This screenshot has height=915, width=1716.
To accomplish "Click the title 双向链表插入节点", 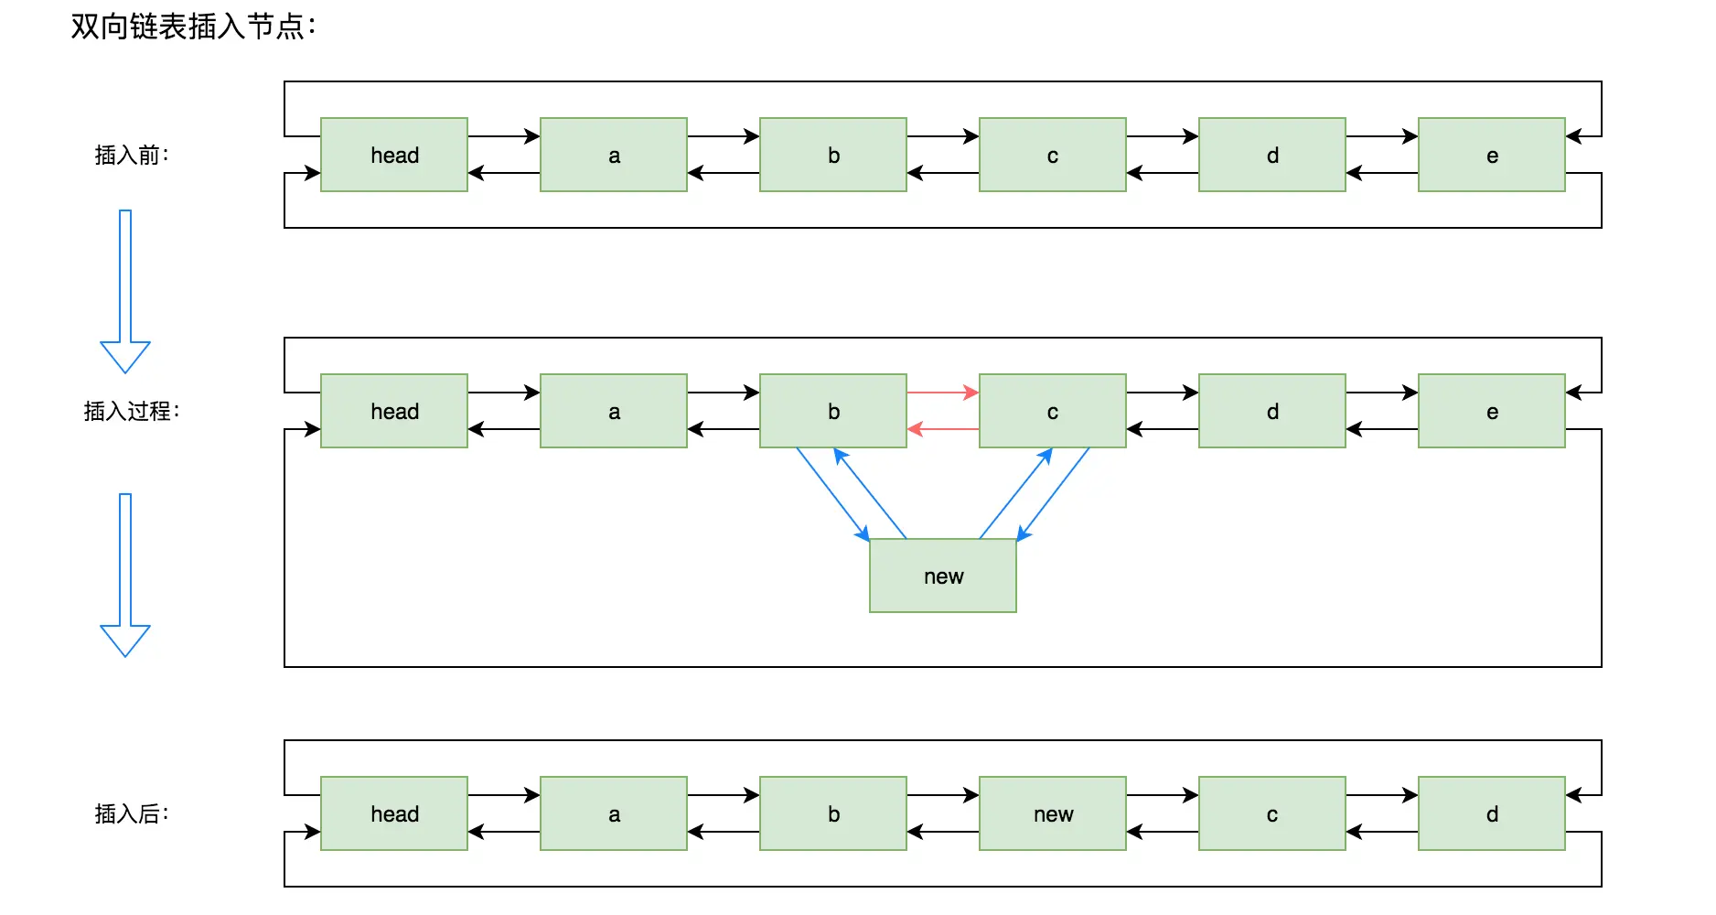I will (x=193, y=27).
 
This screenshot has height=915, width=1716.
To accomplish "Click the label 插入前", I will (x=132, y=156).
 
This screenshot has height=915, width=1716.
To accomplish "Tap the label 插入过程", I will (x=132, y=412).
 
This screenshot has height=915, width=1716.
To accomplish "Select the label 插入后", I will (x=132, y=814).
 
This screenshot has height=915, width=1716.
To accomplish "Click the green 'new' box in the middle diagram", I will (x=942, y=576).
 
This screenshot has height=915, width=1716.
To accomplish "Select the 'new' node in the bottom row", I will (x=1052, y=813).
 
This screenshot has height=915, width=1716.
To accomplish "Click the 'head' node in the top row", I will (x=394, y=155).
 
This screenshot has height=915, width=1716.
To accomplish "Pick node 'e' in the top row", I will (x=1491, y=155).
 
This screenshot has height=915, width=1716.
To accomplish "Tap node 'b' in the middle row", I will (x=832, y=411).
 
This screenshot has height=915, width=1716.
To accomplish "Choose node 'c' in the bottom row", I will (x=1271, y=813).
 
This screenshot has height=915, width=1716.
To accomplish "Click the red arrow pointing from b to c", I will (x=942, y=393).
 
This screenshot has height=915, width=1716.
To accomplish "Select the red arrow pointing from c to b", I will (x=942, y=428).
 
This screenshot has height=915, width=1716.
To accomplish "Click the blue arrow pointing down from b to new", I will (x=831, y=493).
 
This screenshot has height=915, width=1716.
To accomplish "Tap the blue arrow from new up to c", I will (x=1015, y=493).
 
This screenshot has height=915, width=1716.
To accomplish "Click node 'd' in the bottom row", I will (x=1491, y=813).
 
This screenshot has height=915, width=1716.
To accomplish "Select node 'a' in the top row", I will (x=613, y=155).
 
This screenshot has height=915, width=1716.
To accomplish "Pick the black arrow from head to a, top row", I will (x=503, y=136).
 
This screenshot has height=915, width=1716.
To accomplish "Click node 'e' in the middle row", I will (x=1491, y=411).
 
